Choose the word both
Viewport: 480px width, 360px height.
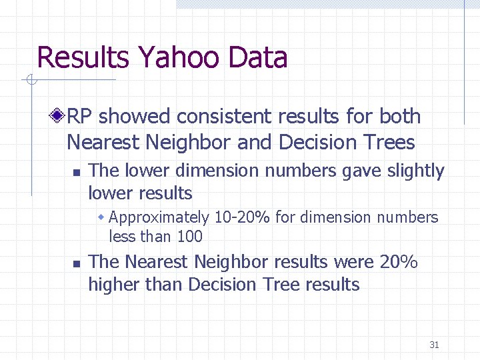400,117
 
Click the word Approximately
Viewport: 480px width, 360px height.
159,217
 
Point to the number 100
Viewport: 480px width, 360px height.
189,237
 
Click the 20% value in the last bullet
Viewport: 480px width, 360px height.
399,262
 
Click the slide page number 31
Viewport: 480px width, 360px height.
434,345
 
